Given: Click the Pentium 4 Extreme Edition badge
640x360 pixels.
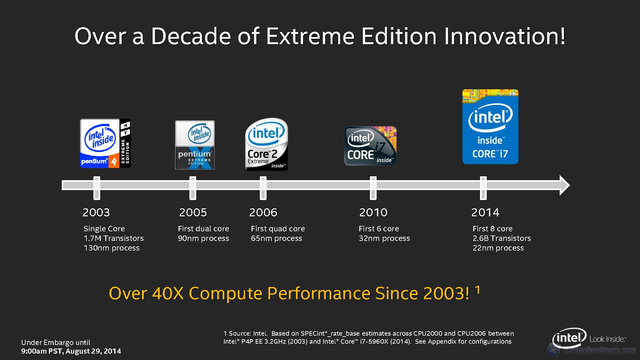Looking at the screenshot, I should click(x=105, y=143).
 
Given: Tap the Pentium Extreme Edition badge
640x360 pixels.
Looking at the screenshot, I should click(x=195, y=145).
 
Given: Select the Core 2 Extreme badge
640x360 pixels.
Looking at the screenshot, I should click(x=267, y=144).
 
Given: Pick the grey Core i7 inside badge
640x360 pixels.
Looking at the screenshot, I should click(x=370, y=146).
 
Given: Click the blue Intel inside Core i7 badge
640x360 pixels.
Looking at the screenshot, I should click(x=490, y=127).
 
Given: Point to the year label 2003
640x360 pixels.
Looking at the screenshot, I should click(x=96, y=212).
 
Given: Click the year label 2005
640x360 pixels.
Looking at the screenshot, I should click(x=193, y=212).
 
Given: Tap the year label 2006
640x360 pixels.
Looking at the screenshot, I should click(x=263, y=212).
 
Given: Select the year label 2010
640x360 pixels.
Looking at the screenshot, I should click(x=373, y=212).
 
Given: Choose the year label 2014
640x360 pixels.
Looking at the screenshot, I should click(x=485, y=212).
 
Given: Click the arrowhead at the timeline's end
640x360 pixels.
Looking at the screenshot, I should click(x=564, y=185).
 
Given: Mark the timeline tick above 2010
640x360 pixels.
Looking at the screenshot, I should click(x=373, y=188).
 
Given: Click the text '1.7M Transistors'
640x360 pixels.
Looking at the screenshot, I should click(x=114, y=238).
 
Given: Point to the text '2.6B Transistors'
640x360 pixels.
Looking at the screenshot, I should click(x=502, y=238).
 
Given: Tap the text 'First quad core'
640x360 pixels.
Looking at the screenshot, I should click(x=278, y=229).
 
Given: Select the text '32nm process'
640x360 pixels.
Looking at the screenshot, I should click(x=384, y=238).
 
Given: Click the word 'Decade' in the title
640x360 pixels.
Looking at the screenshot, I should click(x=191, y=36).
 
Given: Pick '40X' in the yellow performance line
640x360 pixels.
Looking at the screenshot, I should click(x=168, y=293).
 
